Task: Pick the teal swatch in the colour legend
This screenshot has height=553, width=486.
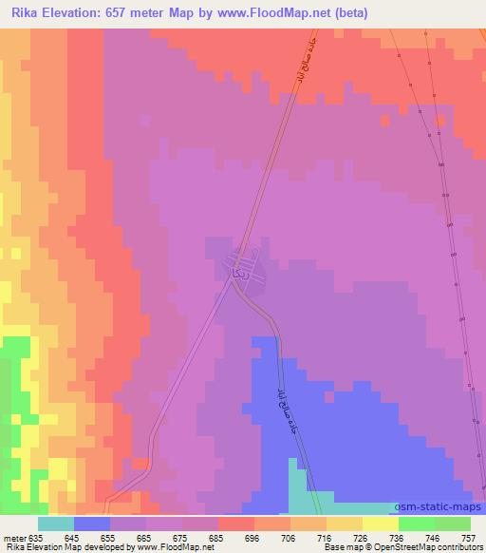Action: (x=56, y=524)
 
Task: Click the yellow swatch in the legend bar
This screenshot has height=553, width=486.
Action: (x=380, y=524)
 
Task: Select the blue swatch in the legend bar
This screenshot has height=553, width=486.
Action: (x=92, y=524)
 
